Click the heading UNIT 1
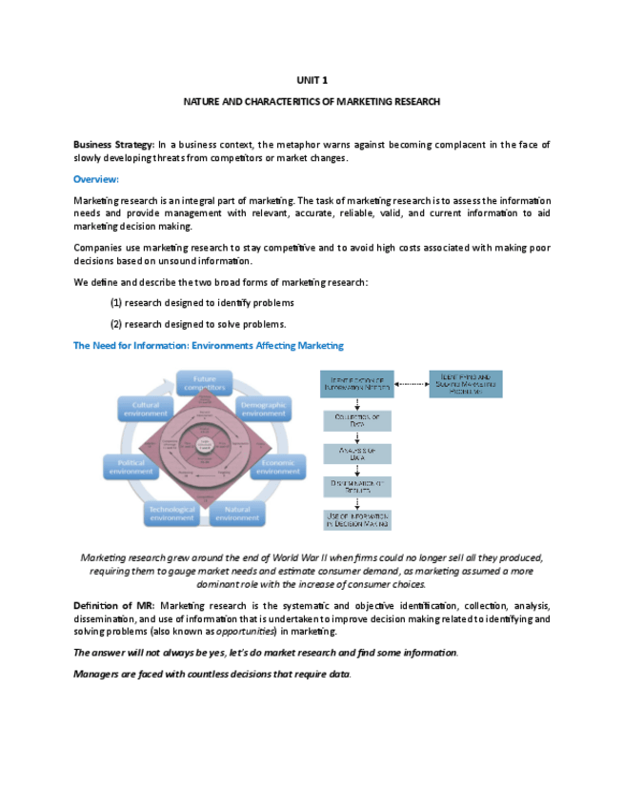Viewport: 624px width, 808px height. coord(312,81)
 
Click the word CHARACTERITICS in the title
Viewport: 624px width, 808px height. coord(293,101)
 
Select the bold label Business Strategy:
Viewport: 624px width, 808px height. coord(114,144)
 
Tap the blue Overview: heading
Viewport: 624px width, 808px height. coord(96,179)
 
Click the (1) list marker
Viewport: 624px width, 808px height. coord(116,303)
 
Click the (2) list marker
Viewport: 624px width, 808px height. coord(116,324)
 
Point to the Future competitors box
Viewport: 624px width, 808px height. coord(204,384)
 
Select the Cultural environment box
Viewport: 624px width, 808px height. coord(146,410)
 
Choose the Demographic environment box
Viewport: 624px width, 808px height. coord(264,410)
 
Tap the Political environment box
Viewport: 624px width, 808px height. coord(131,467)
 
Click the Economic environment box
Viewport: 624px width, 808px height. coord(278,467)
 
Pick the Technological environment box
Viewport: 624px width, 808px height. coord(172,514)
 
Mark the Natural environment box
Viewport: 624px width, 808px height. coord(237,514)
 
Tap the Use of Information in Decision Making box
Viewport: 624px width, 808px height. coord(357,520)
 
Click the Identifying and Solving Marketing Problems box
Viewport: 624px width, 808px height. coord(466,384)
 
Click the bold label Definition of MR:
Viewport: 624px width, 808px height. coord(114,606)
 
